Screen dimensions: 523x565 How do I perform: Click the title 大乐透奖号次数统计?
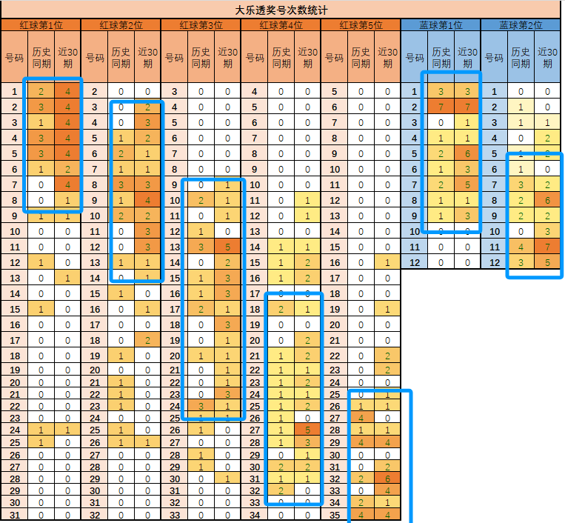[x=281, y=10]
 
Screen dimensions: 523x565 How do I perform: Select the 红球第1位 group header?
[x=40, y=25]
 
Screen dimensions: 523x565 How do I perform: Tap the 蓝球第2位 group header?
[x=520, y=25]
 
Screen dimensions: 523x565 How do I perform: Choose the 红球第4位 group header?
[x=281, y=25]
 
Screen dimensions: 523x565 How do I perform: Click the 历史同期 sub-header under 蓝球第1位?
[x=441, y=57]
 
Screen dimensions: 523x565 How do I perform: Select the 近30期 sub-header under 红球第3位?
[x=227, y=57]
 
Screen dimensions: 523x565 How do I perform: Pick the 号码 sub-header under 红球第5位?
[x=335, y=57]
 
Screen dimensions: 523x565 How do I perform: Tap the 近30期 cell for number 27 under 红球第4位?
[x=307, y=430]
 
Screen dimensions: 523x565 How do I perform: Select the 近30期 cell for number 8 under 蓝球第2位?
[x=547, y=200]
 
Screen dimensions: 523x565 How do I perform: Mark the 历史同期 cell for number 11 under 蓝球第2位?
[x=521, y=247]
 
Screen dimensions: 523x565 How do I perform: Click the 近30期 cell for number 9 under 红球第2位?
[x=147, y=200]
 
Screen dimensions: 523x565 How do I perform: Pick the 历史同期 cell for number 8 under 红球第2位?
[x=121, y=184]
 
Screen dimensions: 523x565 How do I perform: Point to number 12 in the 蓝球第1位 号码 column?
[x=415, y=262]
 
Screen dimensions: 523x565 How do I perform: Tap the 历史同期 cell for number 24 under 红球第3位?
[x=201, y=406]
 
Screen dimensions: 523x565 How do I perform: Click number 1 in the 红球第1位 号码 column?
[x=14, y=92]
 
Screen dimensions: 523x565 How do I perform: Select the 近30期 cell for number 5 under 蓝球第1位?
[x=467, y=153]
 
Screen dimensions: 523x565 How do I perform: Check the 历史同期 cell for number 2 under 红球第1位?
[x=41, y=107]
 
